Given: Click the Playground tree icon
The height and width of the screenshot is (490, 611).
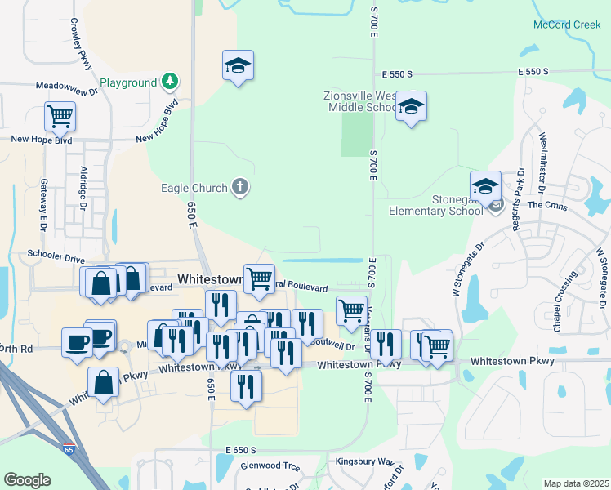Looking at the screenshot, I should click(170, 81).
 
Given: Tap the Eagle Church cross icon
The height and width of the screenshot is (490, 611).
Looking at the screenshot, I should click(240, 188).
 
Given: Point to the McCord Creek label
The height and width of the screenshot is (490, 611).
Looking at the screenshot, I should click(566, 25).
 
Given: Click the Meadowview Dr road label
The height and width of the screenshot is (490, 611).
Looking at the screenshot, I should click(66, 84).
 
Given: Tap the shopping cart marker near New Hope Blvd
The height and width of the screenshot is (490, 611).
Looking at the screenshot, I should click(60, 116).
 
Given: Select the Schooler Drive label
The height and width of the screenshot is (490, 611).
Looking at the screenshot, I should click(55, 254).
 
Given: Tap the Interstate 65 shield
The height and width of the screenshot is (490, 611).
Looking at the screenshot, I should click(69, 449).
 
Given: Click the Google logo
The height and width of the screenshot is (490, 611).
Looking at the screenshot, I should click(27, 480).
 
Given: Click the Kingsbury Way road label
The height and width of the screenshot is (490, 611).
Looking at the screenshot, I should click(364, 461).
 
